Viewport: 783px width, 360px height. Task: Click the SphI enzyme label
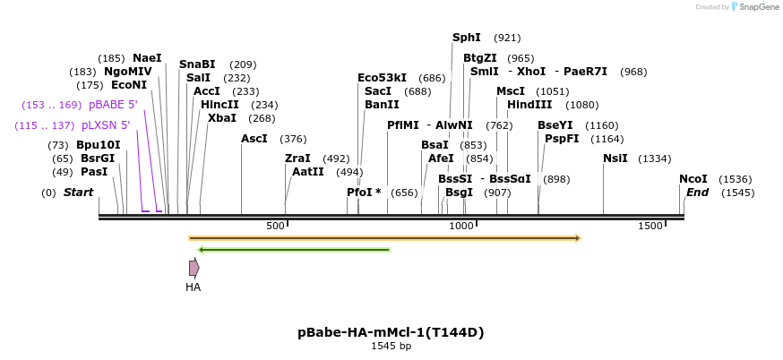tap(467, 38)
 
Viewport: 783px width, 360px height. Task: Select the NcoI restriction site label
tap(693, 179)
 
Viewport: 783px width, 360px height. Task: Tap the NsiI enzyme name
tap(615, 159)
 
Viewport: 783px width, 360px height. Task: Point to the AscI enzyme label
tap(254, 139)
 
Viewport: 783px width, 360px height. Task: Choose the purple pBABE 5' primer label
tap(113, 105)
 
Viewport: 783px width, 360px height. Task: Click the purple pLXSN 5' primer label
tap(106, 125)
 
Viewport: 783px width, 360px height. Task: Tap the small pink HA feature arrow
tap(194, 268)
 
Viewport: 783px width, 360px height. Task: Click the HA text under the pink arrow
tap(194, 287)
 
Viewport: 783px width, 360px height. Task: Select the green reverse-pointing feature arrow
tap(294, 250)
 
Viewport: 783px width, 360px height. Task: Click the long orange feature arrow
tap(385, 238)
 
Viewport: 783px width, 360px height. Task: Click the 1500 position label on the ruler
tap(650, 226)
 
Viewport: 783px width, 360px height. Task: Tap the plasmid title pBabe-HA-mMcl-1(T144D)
tap(391, 332)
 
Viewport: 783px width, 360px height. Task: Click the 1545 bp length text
tap(391, 347)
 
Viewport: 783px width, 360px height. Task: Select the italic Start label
tap(78, 193)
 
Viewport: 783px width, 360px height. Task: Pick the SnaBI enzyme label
tap(197, 64)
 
